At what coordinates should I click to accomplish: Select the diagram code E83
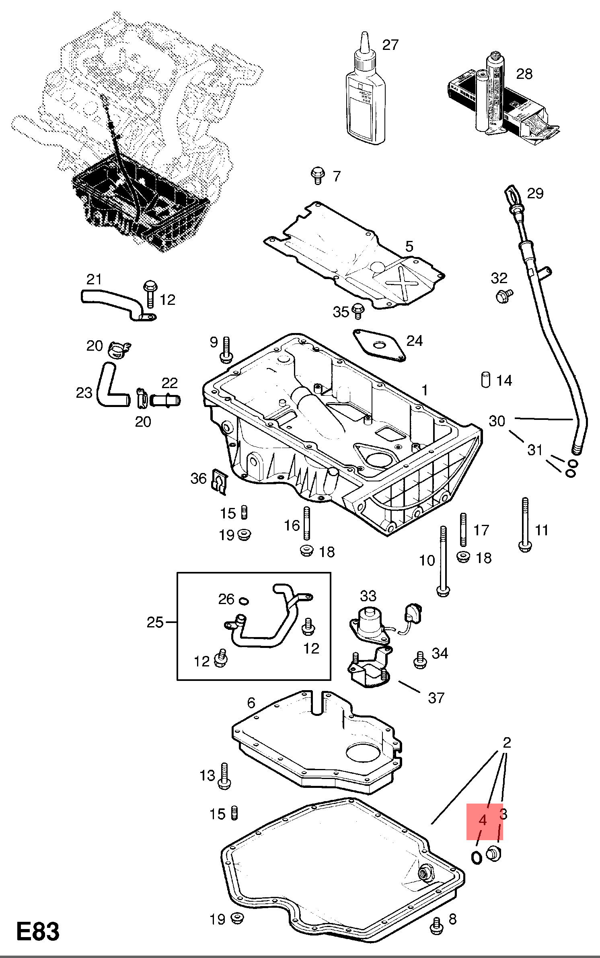(x=38, y=931)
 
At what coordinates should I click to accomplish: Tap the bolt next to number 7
(x=318, y=175)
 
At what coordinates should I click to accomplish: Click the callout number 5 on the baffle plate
(x=409, y=246)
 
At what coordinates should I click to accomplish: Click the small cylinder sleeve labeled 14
(x=485, y=380)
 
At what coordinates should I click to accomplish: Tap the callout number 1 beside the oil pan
(x=425, y=390)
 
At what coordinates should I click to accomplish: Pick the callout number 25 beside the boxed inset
(x=155, y=622)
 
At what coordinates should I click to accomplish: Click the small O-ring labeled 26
(x=244, y=601)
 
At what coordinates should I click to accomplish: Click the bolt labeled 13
(x=224, y=775)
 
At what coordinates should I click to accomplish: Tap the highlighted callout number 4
(x=483, y=820)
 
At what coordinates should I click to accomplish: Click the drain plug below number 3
(x=494, y=853)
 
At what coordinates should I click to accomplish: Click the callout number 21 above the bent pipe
(x=94, y=279)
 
